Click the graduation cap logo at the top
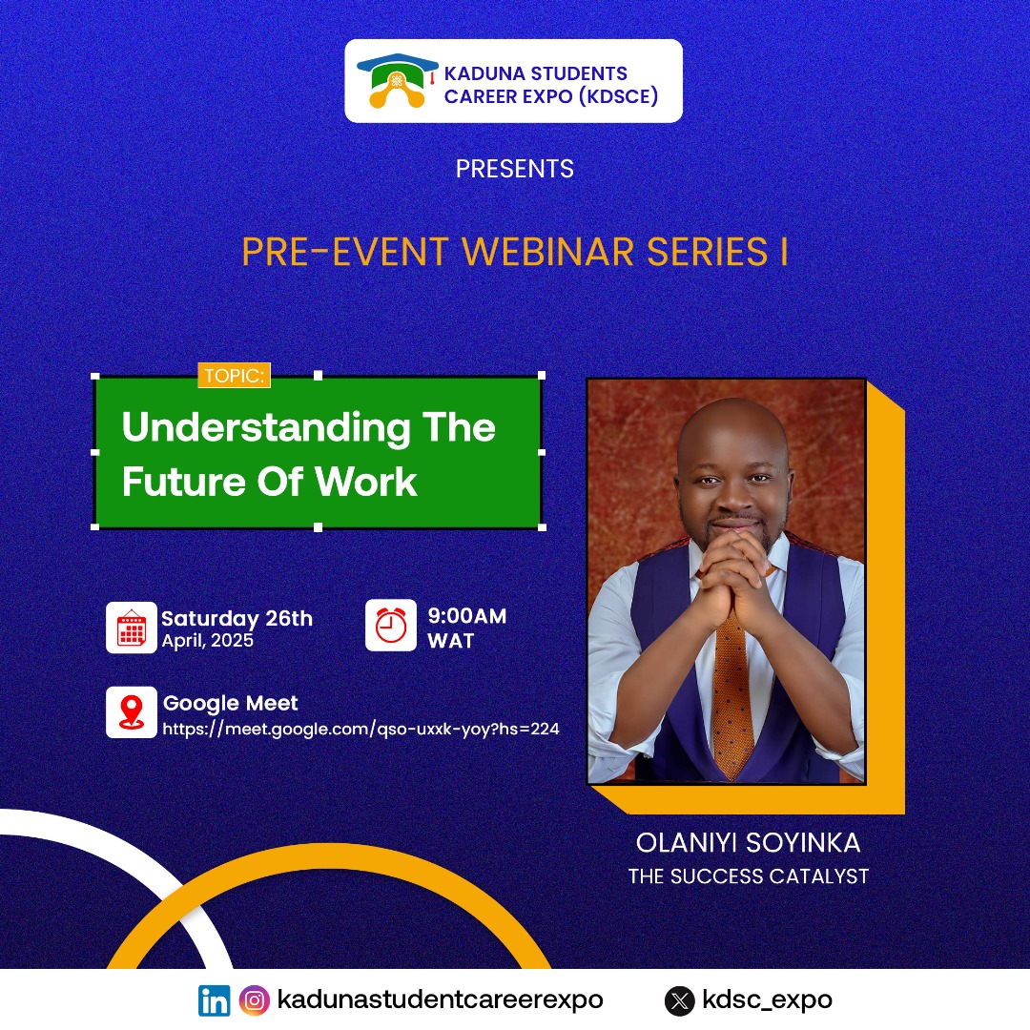[x=397, y=81]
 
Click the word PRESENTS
[x=514, y=169]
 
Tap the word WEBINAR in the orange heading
[x=547, y=252]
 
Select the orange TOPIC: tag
[x=234, y=375]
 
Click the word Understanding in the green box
[x=265, y=428]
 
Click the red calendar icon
[x=132, y=628]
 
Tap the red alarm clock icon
[x=391, y=625]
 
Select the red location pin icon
[x=132, y=712]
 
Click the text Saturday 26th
[x=237, y=618]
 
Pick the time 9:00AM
[x=467, y=615]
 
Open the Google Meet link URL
[x=360, y=730]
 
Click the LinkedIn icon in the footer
[x=215, y=1000]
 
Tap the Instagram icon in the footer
[x=255, y=1000]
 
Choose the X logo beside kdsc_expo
[x=680, y=1001]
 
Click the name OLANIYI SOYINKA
[x=749, y=843]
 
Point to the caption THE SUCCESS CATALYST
[x=749, y=876]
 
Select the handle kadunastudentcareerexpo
[x=440, y=999]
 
